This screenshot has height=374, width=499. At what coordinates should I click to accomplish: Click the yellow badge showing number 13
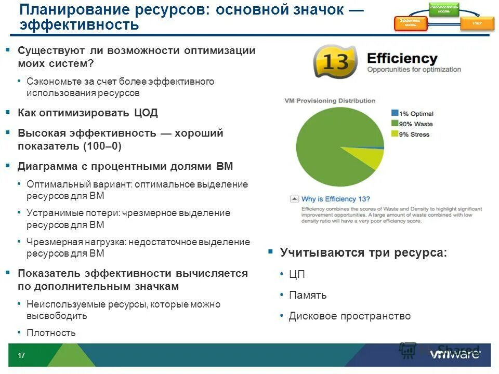(x=335, y=62)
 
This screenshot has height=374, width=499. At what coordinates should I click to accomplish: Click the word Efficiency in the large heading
(x=402, y=58)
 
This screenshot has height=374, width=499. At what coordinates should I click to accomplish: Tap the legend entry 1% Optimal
(x=415, y=113)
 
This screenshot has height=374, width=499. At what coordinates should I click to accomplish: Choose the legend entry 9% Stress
(x=414, y=135)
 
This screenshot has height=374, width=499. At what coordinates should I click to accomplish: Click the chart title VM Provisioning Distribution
(x=330, y=101)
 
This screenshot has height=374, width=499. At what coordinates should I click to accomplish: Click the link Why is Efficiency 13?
(x=336, y=199)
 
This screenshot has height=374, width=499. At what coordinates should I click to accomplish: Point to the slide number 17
(x=22, y=355)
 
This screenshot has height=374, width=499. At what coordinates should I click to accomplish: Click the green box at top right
(x=444, y=9)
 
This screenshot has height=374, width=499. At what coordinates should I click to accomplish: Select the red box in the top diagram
(x=411, y=24)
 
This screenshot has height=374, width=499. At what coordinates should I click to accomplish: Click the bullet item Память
(x=308, y=295)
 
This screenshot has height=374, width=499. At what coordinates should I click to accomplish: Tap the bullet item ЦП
(x=297, y=274)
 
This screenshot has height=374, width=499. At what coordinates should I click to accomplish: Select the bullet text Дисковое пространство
(x=349, y=316)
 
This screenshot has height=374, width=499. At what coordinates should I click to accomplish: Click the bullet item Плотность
(x=51, y=333)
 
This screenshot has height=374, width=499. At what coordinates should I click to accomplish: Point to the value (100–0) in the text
(x=102, y=146)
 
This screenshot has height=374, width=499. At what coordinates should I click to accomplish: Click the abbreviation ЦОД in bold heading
(x=146, y=113)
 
